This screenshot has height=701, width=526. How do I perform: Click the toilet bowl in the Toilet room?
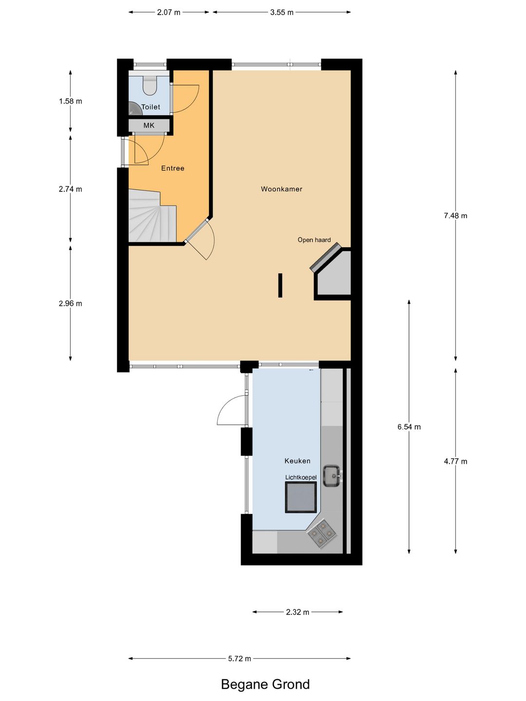150,86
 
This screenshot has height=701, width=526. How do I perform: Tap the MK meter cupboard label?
149,126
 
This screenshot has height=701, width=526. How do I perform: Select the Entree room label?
173,168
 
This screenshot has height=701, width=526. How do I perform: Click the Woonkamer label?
282,189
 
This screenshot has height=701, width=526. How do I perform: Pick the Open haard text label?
314,240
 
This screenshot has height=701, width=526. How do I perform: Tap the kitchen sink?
332,476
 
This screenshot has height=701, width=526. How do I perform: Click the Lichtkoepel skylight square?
301,497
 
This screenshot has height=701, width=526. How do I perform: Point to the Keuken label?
297,461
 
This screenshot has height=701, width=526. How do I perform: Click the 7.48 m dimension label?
455,216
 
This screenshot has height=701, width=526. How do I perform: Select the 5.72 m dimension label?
240,659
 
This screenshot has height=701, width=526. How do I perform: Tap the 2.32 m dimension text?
298,612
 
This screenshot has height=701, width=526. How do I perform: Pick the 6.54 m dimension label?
409,427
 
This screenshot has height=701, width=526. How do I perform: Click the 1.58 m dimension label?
71,101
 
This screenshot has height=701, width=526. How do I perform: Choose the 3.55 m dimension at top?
282,12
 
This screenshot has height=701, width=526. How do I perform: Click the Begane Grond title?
265,684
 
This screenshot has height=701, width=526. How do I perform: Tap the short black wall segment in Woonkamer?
280,285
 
